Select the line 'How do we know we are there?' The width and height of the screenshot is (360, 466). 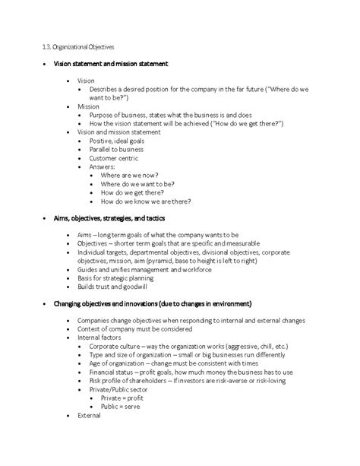146,201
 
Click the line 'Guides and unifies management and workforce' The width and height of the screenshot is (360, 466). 143,269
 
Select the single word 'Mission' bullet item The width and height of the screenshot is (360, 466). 88,106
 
